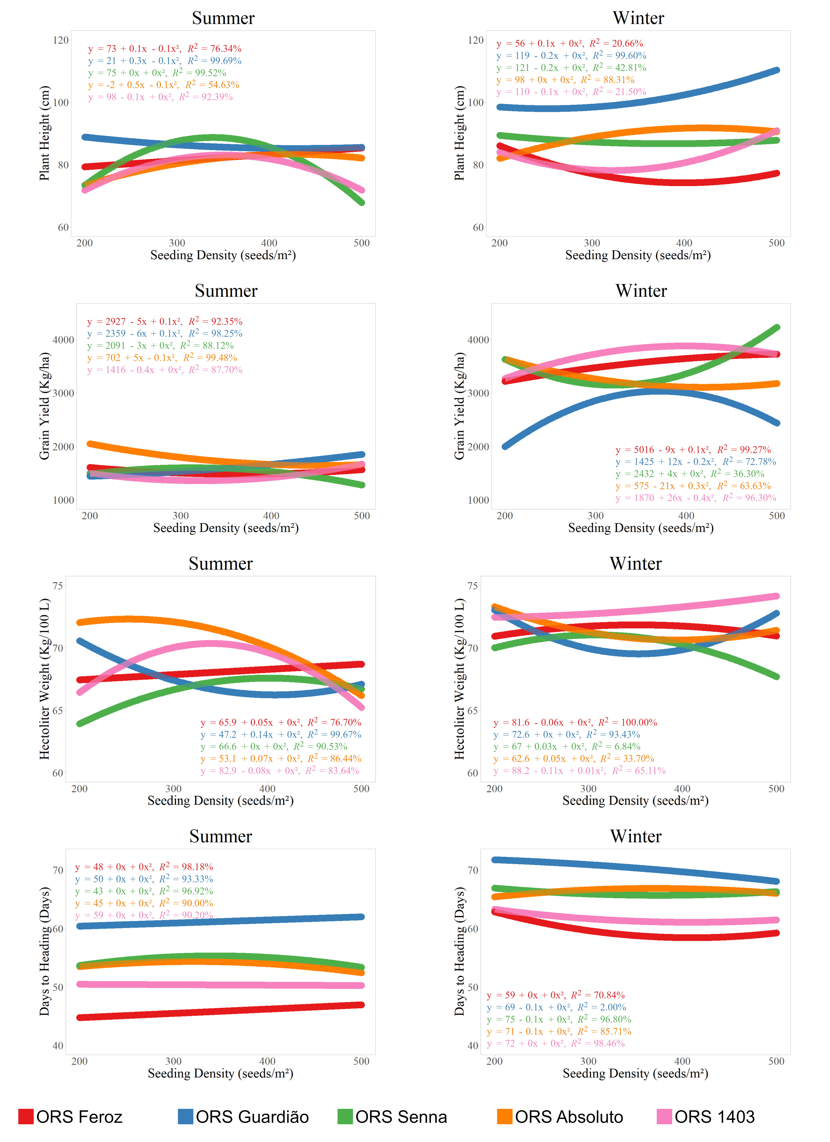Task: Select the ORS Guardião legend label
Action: tap(252, 1117)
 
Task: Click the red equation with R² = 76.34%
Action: tap(165, 49)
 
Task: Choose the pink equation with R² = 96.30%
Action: tap(696, 498)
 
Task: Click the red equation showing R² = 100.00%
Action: tap(575, 723)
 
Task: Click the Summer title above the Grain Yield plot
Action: tap(226, 291)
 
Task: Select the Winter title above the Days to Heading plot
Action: tap(636, 836)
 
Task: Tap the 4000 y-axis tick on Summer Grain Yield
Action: tap(63, 340)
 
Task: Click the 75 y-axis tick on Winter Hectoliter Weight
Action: tap(473, 586)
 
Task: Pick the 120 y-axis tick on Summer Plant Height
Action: tap(61, 40)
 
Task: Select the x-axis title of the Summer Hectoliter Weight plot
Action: tap(220, 801)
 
